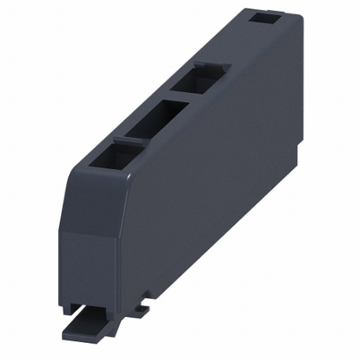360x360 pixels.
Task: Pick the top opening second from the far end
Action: (x=197, y=81)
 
